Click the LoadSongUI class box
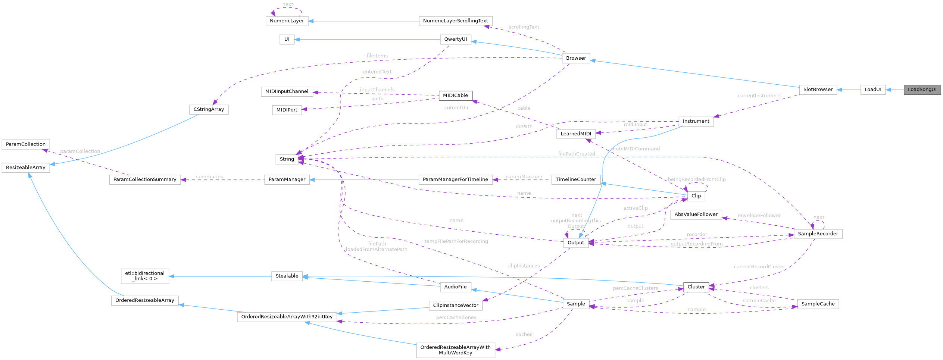(922, 90)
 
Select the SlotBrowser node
(818, 90)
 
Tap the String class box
(287, 159)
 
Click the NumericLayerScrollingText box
(455, 21)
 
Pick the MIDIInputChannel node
(287, 91)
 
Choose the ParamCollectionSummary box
(145, 179)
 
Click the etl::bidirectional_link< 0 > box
(145, 276)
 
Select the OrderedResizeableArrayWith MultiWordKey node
(455, 350)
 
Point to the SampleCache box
(818, 304)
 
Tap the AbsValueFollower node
(696, 215)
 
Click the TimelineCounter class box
(576, 179)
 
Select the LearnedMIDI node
(576, 134)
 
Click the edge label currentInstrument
(759, 96)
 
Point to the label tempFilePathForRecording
(456, 241)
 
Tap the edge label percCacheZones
(456, 317)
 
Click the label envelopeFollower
(759, 216)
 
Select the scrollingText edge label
(524, 27)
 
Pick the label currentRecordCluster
(759, 267)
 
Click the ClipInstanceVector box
(455, 306)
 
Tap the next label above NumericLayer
(287, 4)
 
